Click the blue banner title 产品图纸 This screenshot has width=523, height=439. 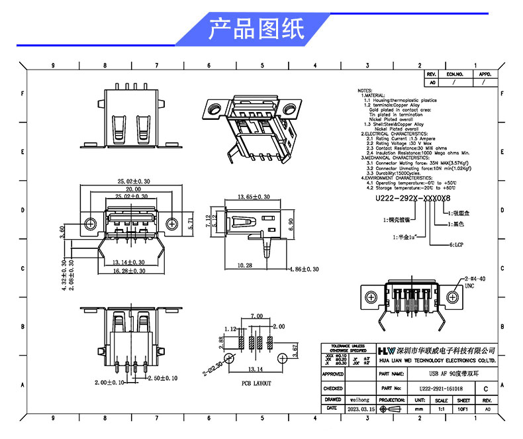256,30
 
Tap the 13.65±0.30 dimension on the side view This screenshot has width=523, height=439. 254,197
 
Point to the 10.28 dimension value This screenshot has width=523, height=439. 244,266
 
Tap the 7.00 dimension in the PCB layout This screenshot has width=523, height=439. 257,317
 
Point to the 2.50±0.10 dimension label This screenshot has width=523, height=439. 161,379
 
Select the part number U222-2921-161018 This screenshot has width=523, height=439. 441,389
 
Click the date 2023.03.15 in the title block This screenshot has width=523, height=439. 361,410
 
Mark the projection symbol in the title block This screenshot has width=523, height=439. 391,410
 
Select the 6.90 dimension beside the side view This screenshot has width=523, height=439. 291,225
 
